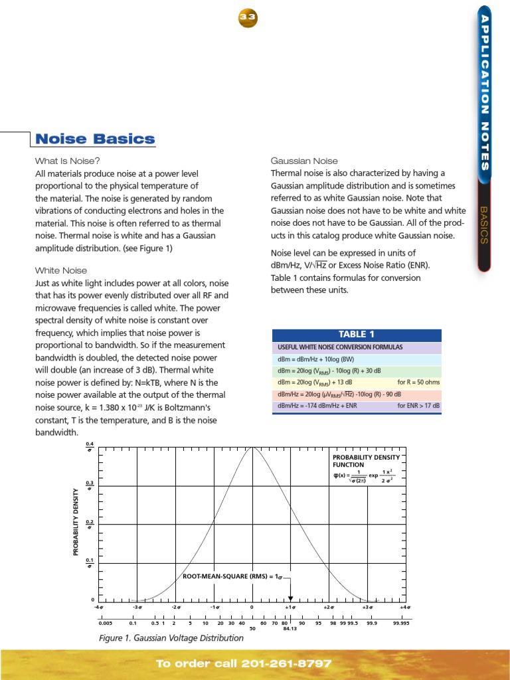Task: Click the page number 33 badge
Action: coord(248,19)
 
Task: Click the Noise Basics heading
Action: coord(95,139)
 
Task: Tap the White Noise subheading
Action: coord(57,270)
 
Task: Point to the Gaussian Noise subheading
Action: coord(304,161)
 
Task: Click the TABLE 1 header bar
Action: coord(357,335)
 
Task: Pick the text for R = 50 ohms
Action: coord(418,382)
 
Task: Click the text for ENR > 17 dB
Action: coord(418,406)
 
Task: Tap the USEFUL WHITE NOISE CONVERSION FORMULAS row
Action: coord(340,347)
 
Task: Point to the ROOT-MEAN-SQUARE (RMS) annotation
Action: coord(232,576)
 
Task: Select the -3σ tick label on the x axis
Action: coord(138,608)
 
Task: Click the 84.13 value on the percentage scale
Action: coord(291,630)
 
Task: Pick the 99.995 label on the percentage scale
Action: coord(400,624)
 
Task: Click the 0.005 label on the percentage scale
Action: coord(104,624)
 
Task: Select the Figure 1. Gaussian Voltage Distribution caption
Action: coord(172,638)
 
